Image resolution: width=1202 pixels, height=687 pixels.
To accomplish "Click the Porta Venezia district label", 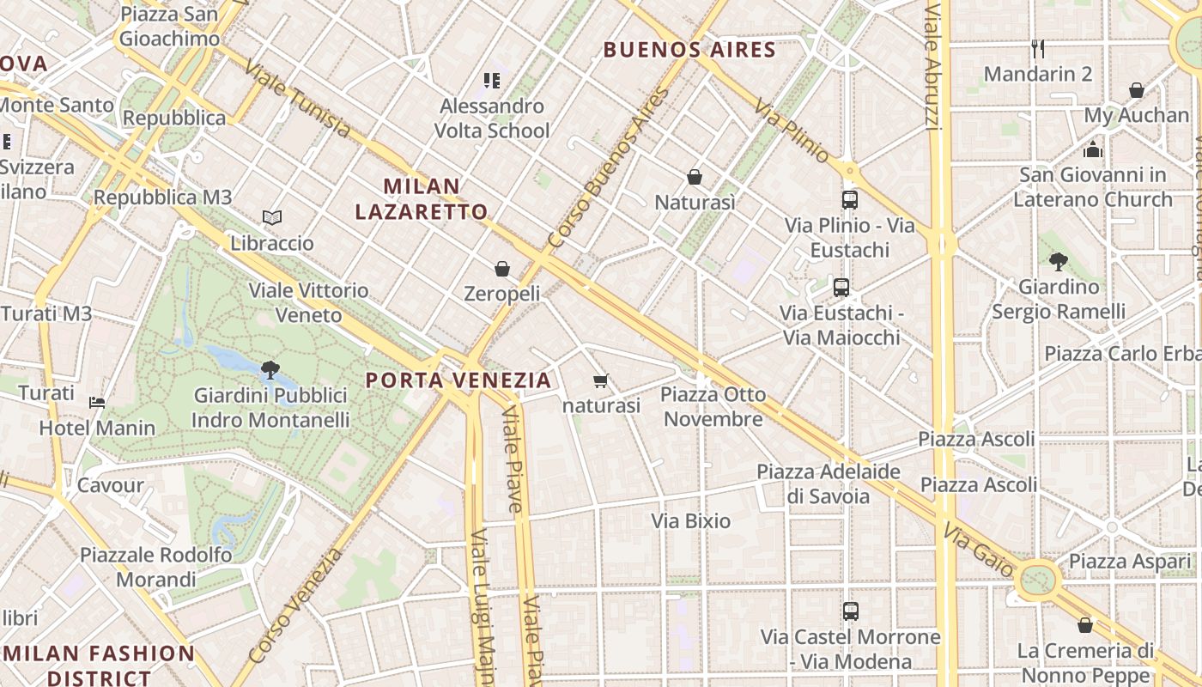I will (x=458, y=380).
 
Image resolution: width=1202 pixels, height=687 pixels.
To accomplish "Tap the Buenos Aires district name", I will (x=689, y=50).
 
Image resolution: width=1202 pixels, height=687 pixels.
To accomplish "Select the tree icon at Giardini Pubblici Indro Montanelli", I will (x=270, y=370).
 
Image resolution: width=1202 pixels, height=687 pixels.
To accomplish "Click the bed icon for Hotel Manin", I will (x=97, y=402).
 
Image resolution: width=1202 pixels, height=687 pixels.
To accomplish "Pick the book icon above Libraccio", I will (x=272, y=218).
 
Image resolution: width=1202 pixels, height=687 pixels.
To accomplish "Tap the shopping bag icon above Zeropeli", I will (x=502, y=269).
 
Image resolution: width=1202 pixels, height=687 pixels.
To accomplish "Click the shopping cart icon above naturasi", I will (x=601, y=380).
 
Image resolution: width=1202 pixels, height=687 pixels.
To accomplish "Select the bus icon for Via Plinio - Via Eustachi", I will (x=850, y=200).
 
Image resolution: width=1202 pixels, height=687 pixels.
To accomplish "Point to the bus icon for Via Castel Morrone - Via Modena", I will (x=851, y=611).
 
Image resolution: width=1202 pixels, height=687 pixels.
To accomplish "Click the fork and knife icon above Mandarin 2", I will (x=1038, y=49).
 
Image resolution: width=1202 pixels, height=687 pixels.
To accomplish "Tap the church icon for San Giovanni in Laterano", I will (x=1092, y=149).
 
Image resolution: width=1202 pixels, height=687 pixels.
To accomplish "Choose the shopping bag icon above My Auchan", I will (x=1137, y=90).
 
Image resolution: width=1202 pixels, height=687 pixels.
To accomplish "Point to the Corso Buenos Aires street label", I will (x=608, y=167).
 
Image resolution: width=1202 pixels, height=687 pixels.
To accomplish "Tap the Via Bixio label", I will (x=691, y=520).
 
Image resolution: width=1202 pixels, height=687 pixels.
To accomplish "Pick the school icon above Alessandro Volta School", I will (x=492, y=81).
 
